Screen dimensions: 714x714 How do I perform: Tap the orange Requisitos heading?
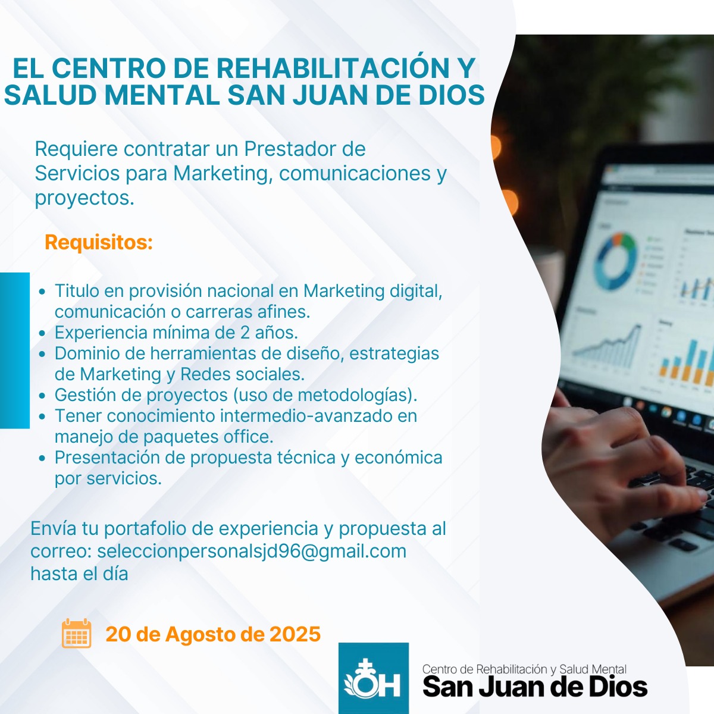(x=99, y=242)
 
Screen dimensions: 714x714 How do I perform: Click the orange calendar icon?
(x=76, y=633)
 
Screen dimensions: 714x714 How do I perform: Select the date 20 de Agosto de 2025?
(x=213, y=634)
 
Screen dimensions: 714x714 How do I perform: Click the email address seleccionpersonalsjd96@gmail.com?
(x=252, y=551)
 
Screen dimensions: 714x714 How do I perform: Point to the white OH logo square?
(x=374, y=678)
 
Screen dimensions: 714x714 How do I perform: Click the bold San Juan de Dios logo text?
(x=535, y=687)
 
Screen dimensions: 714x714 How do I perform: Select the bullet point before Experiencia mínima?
(x=42, y=333)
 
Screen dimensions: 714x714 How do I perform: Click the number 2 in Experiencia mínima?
(x=245, y=333)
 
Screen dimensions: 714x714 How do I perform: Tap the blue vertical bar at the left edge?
(x=15, y=350)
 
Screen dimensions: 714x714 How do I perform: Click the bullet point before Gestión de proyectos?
(x=42, y=395)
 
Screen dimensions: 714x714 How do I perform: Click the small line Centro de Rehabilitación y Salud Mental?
(x=524, y=669)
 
